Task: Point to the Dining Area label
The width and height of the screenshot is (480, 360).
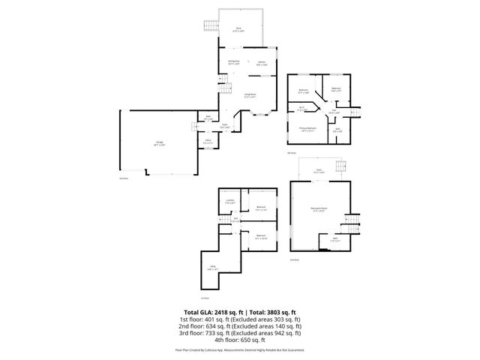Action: (x=233, y=61)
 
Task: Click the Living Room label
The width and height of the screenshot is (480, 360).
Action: (x=250, y=94)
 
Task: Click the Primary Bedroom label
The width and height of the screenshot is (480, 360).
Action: (x=307, y=128)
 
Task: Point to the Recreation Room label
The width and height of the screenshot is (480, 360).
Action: (x=318, y=210)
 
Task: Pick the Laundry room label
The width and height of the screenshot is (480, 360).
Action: (x=231, y=201)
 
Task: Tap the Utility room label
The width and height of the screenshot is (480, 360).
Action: (x=213, y=267)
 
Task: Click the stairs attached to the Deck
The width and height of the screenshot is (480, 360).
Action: (x=209, y=26)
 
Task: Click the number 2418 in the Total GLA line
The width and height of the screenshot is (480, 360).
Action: (x=220, y=311)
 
